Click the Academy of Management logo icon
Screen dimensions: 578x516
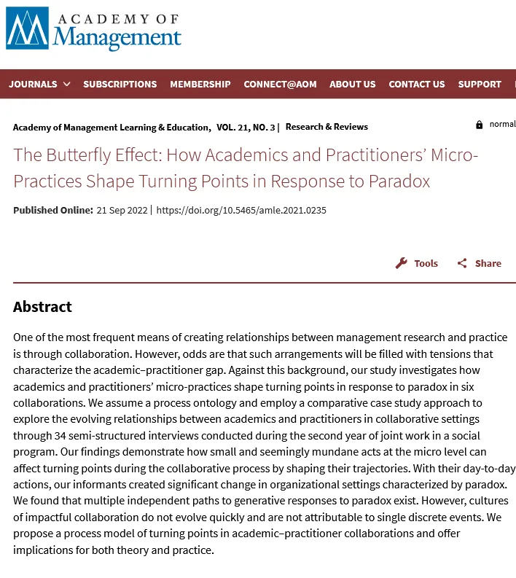(27, 28)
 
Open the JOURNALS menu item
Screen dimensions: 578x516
(33, 84)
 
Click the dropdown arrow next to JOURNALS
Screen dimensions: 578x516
(67, 84)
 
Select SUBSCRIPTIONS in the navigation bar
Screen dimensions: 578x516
(120, 84)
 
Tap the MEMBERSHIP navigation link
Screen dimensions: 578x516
(200, 84)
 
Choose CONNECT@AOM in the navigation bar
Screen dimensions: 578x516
(280, 84)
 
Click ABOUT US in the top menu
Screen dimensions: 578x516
(353, 84)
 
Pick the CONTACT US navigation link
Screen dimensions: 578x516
(416, 84)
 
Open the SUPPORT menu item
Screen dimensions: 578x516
(480, 84)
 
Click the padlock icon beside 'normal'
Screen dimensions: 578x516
(479, 125)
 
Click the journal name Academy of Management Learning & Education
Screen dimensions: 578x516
(112, 127)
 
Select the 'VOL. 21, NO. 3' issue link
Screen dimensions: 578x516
(246, 127)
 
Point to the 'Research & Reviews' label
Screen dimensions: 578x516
(327, 127)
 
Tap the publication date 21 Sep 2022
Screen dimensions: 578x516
(122, 210)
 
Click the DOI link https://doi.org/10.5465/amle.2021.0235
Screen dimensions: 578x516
(241, 210)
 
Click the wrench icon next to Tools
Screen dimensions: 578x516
(402, 263)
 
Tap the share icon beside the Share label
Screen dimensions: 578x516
(462, 263)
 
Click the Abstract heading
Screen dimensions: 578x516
(42, 306)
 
